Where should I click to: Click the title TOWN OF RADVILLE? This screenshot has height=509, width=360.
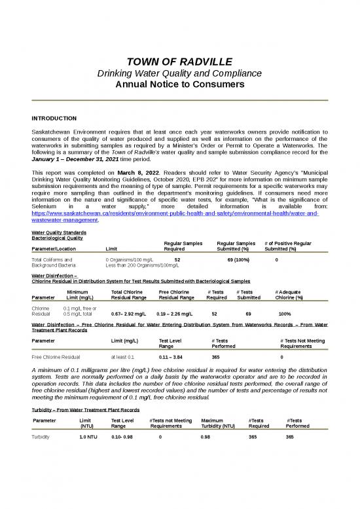point(180,62)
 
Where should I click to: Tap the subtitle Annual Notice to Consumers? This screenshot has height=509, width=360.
point(180,85)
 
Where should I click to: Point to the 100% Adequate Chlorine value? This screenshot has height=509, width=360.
point(285,314)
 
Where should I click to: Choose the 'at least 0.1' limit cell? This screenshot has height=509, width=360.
point(122,358)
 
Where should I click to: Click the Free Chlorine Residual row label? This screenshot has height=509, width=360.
point(56,358)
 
